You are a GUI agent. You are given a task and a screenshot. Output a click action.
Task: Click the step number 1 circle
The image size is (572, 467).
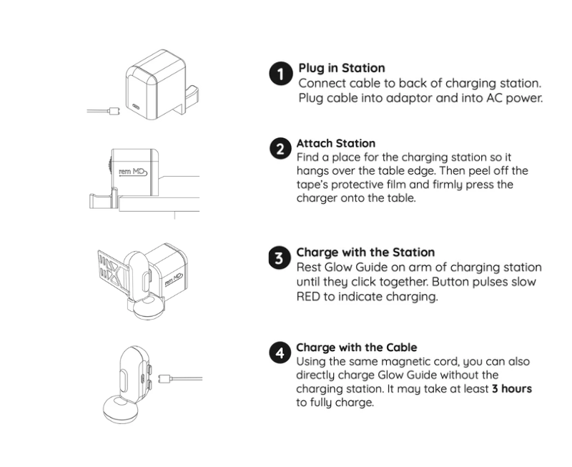tap(281, 74)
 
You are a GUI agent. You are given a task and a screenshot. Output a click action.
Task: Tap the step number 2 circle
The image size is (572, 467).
tap(280, 149)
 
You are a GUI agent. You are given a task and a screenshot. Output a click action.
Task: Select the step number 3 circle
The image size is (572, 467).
tap(280, 258)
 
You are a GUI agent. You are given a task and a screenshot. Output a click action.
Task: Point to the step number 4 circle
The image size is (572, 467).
tap(280, 353)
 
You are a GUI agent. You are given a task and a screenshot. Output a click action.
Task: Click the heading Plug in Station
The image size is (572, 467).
tap(342, 68)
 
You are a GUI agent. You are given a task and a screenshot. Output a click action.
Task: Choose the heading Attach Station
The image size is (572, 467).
tap(335, 143)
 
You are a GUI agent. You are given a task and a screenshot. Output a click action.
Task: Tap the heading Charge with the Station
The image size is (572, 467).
tap(365, 252)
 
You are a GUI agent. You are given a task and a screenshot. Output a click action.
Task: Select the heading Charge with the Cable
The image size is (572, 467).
tap(356, 348)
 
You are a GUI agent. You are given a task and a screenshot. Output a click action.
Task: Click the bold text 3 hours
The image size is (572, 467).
tap(512, 389)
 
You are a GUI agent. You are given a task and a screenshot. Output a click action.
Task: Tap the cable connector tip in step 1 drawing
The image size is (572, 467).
tap(114, 111)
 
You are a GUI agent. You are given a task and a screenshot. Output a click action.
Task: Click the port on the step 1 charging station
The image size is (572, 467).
tap(136, 107)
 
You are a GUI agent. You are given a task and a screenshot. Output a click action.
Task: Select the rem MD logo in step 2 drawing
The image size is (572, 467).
tap(133, 172)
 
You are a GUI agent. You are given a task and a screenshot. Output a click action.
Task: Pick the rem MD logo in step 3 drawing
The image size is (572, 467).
tap(174, 280)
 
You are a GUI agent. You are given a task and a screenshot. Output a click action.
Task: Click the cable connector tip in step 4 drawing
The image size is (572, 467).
tap(165, 378)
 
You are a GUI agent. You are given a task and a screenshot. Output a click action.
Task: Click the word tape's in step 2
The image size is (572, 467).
tap(312, 185)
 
